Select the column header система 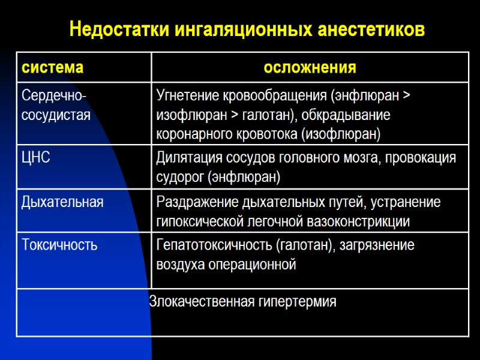click(x=52, y=67)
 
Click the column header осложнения click(x=310, y=67)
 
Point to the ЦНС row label click(x=36, y=158)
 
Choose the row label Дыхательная click(x=62, y=202)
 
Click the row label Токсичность click(x=59, y=245)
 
